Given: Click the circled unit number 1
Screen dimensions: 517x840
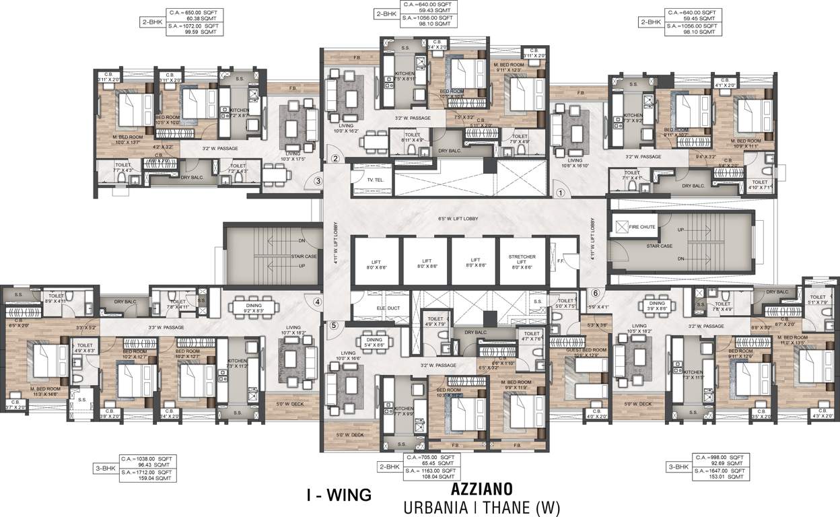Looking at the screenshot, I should point(559,192).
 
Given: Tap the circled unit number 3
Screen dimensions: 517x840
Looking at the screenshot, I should point(318,180).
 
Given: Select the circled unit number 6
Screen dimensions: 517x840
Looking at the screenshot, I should point(595,293).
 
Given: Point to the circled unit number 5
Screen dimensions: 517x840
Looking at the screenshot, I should point(332,326).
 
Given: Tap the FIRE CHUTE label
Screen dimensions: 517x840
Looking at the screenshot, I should point(642,227).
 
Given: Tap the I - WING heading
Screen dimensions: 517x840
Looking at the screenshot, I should point(339,495).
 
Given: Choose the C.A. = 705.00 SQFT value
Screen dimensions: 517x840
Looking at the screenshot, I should point(428,458).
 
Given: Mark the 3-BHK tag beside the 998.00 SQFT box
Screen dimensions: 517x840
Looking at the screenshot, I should point(678,466).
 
